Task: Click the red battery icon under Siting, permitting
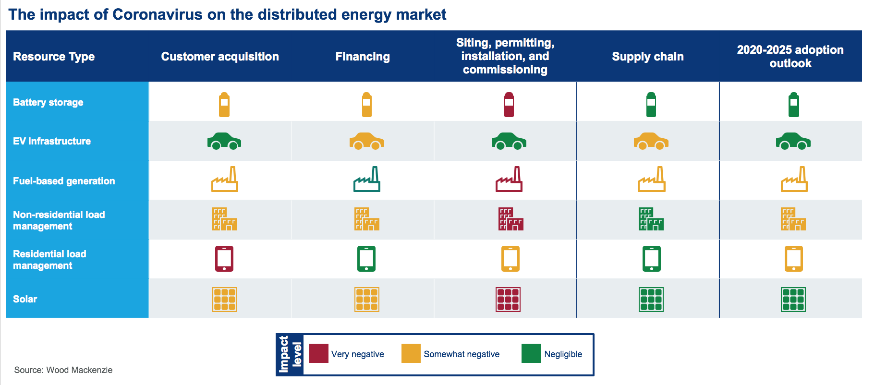[x=509, y=105]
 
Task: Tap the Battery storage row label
[x=48, y=102]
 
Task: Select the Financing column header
[x=363, y=57]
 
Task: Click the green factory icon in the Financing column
[x=367, y=180]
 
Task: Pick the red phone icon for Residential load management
[x=224, y=259]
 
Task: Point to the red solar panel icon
[x=508, y=300]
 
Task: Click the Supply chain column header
[x=647, y=57]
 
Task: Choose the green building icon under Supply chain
[x=651, y=219]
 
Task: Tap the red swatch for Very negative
[x=318, y=353]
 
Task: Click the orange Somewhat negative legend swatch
[x=411, y=353]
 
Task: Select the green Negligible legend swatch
[x=531, y=353]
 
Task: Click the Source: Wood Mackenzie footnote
[x=63, y=370]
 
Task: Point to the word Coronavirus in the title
[x=158, y=14]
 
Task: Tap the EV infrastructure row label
[x=52, y=141]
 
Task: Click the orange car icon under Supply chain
[x=651, y=141]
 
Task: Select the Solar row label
[x=25, y=299]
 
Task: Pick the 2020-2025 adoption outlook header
[x=790, y=57]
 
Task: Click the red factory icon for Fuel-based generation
[x=509, y=180]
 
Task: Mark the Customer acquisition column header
[x=220, y=57]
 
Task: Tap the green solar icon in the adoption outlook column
[x=793, y=300]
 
